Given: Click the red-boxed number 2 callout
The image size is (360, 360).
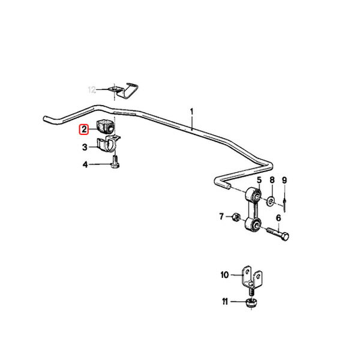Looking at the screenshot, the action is coord(84,129).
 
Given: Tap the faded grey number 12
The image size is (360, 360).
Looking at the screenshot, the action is coord(92,89).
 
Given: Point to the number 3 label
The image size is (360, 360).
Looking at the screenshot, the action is coord(85,147).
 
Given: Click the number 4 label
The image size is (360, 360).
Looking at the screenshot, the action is coord(85,164).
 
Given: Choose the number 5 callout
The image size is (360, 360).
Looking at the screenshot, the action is coord(259,180).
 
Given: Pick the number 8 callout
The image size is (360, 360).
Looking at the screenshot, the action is coord(272,180).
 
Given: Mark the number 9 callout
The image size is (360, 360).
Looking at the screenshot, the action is coord(284,180).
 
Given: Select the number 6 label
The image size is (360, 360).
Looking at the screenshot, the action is coord(278,218).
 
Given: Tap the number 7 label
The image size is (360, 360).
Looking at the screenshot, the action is coord(221,216).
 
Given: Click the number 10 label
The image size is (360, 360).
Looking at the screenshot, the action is coord(225,275).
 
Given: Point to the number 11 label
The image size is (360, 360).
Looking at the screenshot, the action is coord(225,301).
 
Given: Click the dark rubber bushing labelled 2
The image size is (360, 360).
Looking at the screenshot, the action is coord(104,127).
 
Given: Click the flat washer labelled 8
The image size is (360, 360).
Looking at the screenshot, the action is coord(271,202).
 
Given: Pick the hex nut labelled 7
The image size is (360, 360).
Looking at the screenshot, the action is coord(236,217).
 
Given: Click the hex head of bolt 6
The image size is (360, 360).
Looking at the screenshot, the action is coord(284,236).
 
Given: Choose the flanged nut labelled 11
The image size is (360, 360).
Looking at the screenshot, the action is coord(251,302).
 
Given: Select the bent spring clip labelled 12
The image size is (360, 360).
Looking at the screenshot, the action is coord(125,91).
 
